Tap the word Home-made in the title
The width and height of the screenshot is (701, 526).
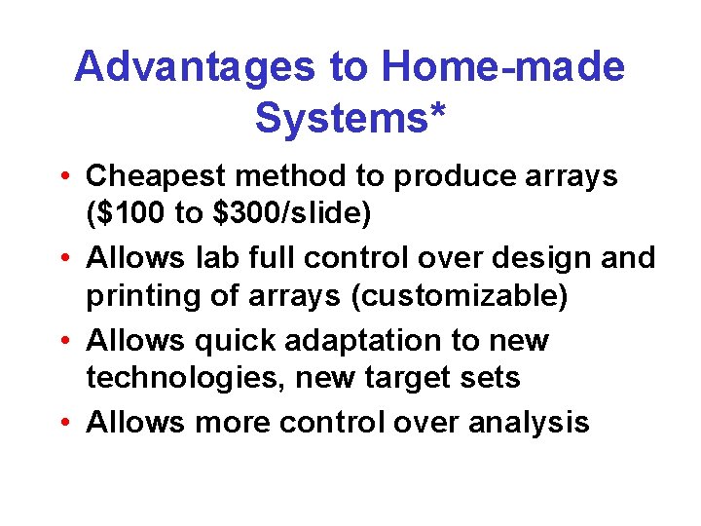tap(503, 67)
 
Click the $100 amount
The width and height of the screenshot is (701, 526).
tap(130, 211)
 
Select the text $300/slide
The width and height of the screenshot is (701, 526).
tap(290, 211)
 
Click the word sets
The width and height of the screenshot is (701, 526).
tap(489, 376)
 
